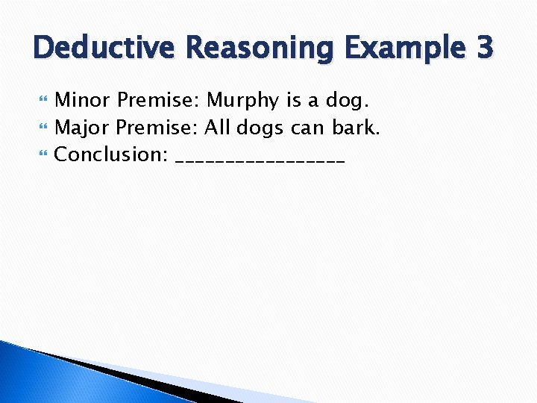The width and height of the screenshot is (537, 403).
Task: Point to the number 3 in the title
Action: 483,48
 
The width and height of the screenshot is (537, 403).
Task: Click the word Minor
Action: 84,100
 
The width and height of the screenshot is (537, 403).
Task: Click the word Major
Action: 82,128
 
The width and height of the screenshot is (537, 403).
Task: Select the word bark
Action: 356,128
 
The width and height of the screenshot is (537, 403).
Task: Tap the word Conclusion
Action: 111,155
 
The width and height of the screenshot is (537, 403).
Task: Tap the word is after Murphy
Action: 294,100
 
